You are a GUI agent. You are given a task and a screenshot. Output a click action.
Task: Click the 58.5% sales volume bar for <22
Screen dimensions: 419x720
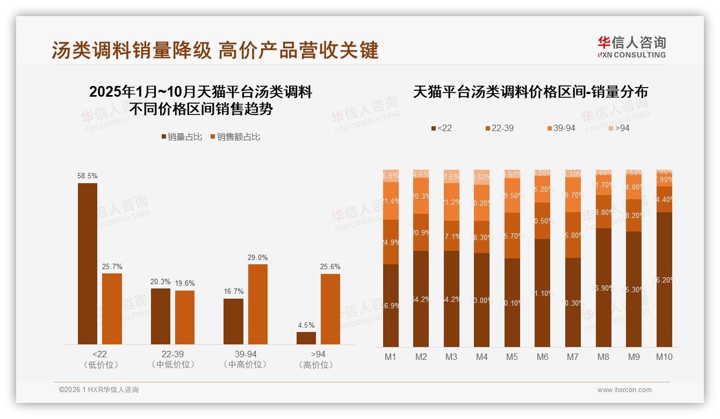88,263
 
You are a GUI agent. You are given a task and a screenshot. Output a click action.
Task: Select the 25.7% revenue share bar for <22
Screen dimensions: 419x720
112,309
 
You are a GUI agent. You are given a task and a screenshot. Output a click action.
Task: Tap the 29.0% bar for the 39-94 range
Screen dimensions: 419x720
257,304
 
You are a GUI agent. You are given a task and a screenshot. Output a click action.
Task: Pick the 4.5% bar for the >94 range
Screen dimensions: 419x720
306,338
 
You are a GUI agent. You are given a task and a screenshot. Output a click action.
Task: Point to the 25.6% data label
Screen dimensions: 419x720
330,267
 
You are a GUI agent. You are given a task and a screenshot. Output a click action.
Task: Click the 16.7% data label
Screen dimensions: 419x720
234,292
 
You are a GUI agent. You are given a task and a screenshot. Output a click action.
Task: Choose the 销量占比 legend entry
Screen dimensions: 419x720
182,137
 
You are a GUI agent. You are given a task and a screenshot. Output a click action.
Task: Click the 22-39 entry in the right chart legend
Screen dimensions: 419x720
499,128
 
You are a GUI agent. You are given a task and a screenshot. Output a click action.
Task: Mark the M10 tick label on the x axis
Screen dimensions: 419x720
664,357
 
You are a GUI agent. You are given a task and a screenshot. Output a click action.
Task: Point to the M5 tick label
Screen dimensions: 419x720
512,357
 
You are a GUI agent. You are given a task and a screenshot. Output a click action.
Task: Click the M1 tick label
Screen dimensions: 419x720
391,357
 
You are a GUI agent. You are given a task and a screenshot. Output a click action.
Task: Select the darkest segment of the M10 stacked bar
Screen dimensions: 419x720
664,279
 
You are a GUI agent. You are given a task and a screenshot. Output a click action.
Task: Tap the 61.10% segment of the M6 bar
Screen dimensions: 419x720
543,293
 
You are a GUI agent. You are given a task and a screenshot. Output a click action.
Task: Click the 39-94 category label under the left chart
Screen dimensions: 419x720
245,359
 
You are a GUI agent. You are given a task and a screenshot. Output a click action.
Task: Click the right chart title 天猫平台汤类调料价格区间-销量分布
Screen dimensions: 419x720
530,92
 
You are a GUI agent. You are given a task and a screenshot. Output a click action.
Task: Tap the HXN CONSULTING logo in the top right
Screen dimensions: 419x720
631,47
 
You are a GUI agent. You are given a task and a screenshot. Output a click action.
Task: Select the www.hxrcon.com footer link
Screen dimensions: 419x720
624,390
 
